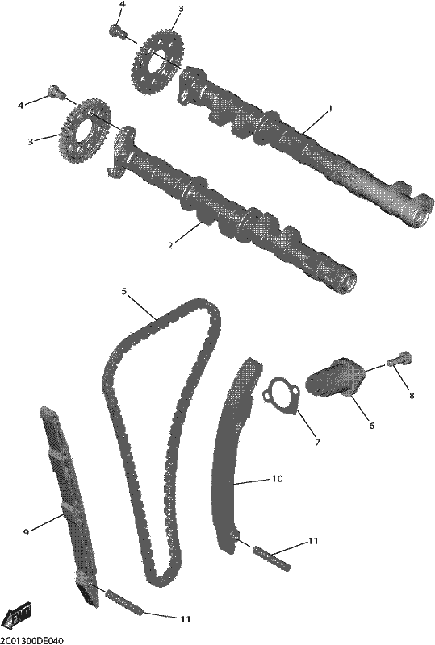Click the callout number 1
click(x=329, y=109)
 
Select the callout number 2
click(x=169, y=246)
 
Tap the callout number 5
click(x=124, y=291)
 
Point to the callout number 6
click(x=371, y=426)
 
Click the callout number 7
click(x=317, y=443)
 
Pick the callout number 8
click(x=412, y=396)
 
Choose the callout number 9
click(x=26, y=532)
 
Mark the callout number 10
click(x=278, y=479)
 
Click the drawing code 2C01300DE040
click(x=31, y=640)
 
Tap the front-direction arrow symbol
click(x=16, y=617)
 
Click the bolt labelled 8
click(x=399, y=360)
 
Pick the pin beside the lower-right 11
click(x=272, y=559)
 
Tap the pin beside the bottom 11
click(x=124, y=603)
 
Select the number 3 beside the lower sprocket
click(x=30, y=142)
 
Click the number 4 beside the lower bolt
click(x=19, y=106)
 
